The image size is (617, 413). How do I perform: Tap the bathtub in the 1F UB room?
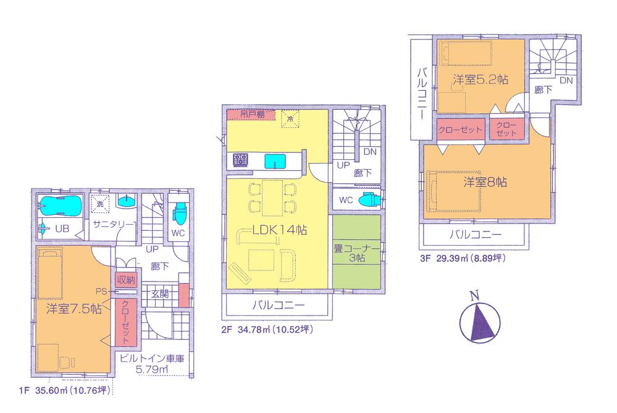pyautogui.click(x=58, y=204)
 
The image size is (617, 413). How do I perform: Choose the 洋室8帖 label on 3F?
pyautogui.click(x=485, y=183)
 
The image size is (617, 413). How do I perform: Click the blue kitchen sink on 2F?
pyautogui.click(x=276, y=161)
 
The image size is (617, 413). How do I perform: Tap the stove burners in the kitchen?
pyautogui.click(x=241, y=161)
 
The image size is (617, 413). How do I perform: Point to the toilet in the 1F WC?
pyautogui.click(x=179, y=213)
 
